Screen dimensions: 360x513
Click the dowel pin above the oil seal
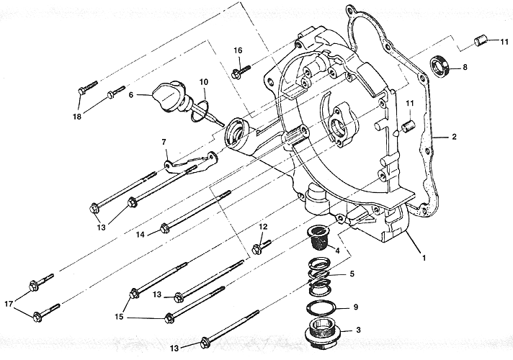tap(480, 41)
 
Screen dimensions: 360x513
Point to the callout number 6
tap(131, 94)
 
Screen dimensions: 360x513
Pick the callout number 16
tap(238, 49)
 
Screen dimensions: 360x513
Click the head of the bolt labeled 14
tap(165, 229)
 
